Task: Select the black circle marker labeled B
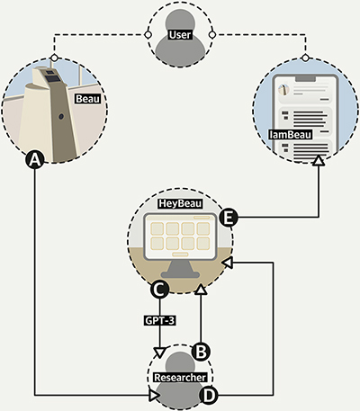pos(201,351)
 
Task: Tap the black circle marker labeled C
pos(159,289)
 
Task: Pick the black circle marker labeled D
pos(209,395)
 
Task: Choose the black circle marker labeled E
pos(229,218)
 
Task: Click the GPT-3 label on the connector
pos(159,320)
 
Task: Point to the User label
pos(180,35)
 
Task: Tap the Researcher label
pos(180,377)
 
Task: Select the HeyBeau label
pos(180,203)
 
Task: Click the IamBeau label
pos(291,134)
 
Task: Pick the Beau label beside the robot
pos(87,99)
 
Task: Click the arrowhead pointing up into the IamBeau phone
pos(319,160)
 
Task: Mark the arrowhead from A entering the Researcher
pos(154,395)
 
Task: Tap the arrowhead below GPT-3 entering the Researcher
pos(159,353)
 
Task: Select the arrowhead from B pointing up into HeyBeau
pos(201,290)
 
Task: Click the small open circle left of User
pos(148,35)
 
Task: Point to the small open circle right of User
pos(211,35)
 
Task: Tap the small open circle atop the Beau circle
pos(54,58)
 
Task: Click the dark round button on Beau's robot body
pos(61,116)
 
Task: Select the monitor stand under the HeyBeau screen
pos(180,269)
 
